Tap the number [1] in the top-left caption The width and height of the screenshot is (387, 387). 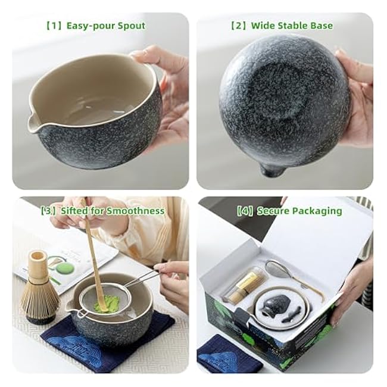(54, 26)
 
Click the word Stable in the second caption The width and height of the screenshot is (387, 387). (292, 26)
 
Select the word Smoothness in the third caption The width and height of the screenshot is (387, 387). (135, 211)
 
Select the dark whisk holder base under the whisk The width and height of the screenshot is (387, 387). (40, 319)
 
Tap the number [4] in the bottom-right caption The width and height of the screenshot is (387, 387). (245, 211)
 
